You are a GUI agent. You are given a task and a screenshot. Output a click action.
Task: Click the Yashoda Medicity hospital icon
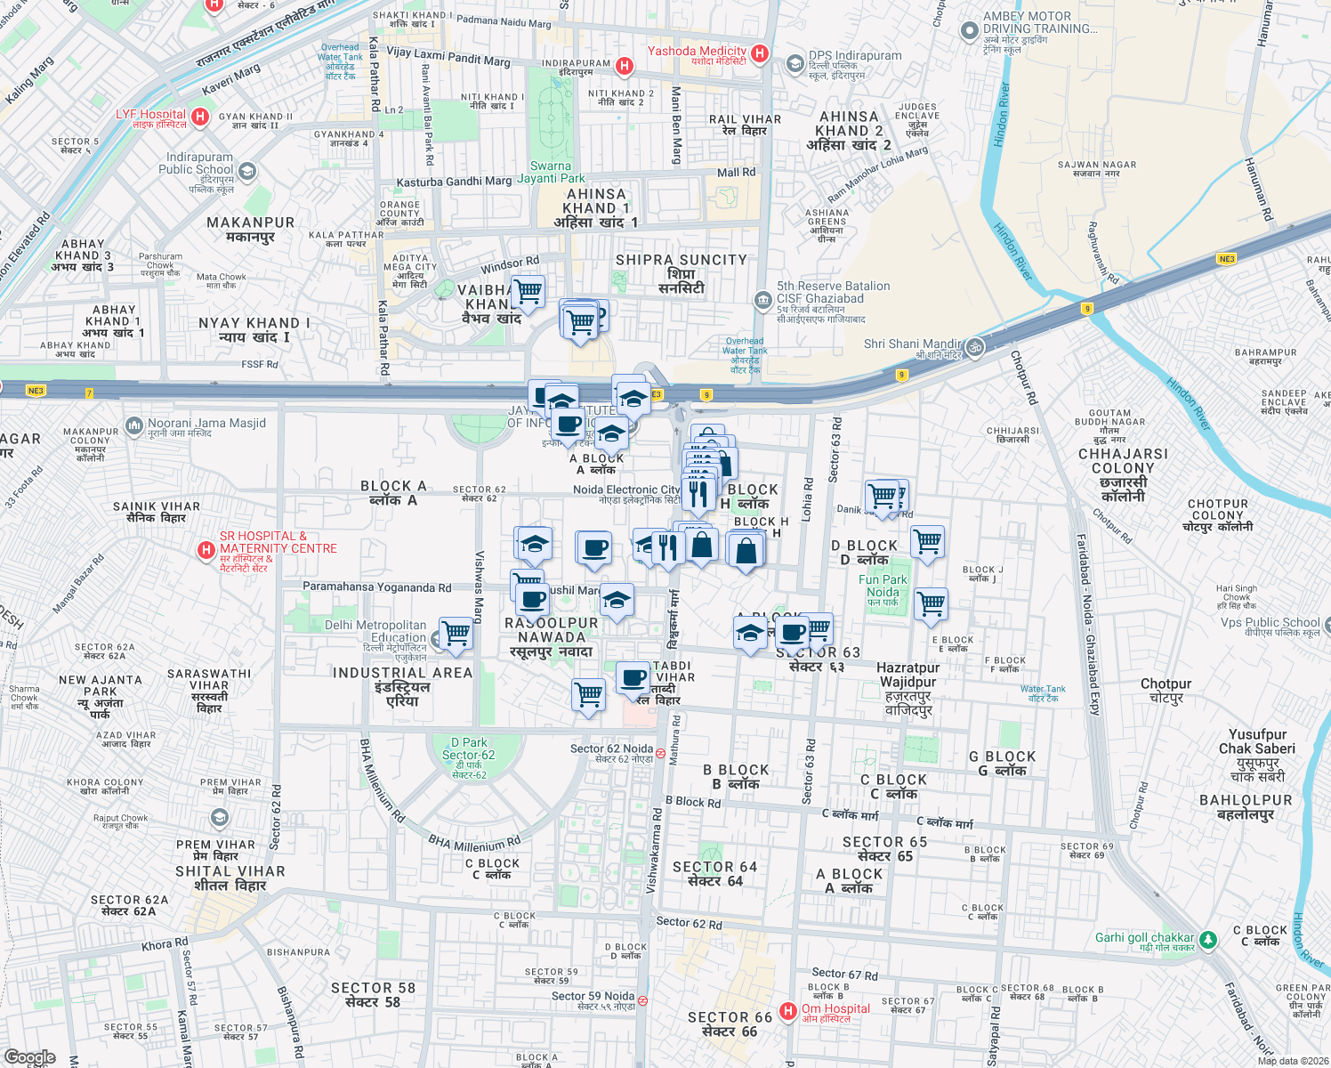pos(759,53)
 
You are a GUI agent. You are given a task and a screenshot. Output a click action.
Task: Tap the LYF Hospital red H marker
pos(200,117)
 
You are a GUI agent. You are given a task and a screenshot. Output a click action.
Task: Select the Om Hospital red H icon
pos(787,1011)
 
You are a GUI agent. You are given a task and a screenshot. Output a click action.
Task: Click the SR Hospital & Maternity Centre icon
pos(206,551)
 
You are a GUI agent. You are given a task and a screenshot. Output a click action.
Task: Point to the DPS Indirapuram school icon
pos(795,63)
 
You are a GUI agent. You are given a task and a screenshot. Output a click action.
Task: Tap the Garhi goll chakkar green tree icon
pos(1207,939)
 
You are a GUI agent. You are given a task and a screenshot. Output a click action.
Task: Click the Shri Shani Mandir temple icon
pos(975,347)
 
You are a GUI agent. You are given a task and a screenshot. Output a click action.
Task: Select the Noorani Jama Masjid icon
pos(134,426)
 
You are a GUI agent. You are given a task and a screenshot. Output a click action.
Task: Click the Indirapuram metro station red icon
pos(625,66)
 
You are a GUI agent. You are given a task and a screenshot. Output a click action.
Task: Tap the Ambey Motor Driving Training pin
pos(969,30)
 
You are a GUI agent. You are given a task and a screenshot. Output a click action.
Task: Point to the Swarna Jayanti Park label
pos(552,172)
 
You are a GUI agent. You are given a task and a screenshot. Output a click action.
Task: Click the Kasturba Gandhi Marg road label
pos(454,182)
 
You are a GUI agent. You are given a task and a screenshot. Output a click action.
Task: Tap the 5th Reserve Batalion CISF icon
pos(762,300)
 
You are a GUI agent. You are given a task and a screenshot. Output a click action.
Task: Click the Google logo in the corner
pos(29,1057)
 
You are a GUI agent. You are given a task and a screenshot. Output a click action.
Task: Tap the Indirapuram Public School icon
pos(247,171)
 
